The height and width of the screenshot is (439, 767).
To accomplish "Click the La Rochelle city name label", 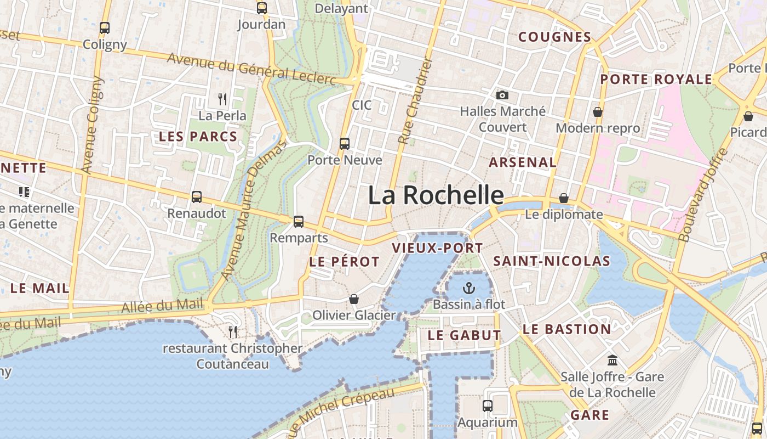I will click(436, 195).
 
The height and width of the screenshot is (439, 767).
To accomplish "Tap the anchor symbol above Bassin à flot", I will click(469, 288).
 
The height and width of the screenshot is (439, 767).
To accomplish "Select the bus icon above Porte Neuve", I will click(345, 144).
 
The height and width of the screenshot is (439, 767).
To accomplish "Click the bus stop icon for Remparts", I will click(299, 222).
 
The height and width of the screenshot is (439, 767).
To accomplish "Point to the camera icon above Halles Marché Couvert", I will click(502, 95).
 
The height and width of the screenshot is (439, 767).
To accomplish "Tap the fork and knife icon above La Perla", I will click(222, 99).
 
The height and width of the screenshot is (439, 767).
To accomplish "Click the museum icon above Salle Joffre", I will click(613, 361).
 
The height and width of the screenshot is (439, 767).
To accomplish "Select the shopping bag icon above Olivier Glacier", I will click(354, 299).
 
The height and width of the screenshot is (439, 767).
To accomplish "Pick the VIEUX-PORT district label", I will click(437, 248).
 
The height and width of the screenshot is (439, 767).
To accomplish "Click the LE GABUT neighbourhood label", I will click(464, 335).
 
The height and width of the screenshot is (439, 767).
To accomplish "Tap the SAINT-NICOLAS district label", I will click(552, 261).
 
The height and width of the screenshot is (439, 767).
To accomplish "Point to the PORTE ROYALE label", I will click(656, 80).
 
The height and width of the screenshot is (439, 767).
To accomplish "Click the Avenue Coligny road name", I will click(92, 125).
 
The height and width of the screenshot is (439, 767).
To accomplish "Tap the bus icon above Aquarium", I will click(487, 406).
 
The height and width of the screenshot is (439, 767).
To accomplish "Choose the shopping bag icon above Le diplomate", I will click(563, 198).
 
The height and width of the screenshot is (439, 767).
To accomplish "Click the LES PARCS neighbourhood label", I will click(198, 137).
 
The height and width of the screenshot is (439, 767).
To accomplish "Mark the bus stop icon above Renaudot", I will click(197, 196).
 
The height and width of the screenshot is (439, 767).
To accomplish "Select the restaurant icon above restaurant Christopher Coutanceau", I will click(233, 331).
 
